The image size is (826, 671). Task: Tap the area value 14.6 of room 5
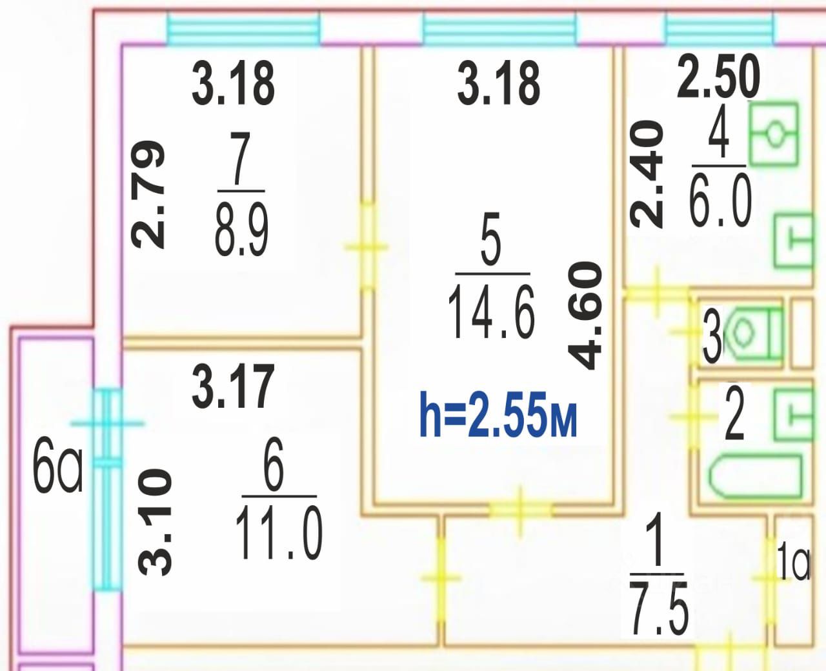(x=492, y=312)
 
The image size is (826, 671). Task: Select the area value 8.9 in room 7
(x=241, y=230)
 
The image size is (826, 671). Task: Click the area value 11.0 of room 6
(x=279, y=533)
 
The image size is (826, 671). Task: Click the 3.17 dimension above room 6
(x=234, y=386)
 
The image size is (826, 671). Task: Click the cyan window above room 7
(x=243, y=28)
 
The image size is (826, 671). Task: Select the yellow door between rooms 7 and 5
(x=367, y=246)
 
